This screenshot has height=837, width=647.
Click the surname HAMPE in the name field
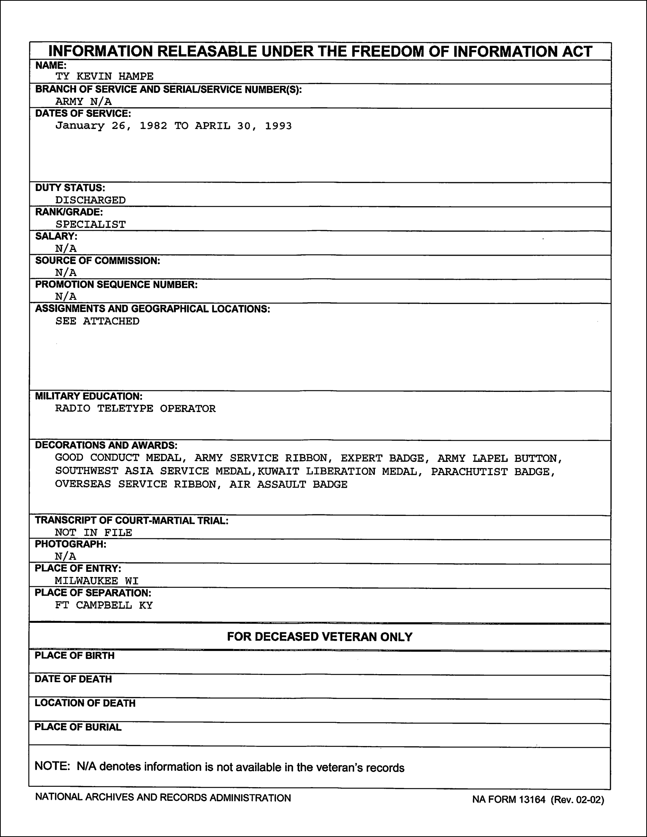(136, 76)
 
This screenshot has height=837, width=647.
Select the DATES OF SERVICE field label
(83, 113)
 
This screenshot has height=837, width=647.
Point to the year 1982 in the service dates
(153, 126)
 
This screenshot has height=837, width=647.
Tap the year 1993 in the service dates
(278, 126)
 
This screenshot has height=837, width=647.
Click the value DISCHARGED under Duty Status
(91, 200)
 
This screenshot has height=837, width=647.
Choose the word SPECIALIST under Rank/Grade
(91, 224)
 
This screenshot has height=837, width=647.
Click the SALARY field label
(56, 236)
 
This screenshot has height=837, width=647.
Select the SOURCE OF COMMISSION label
(97, 261)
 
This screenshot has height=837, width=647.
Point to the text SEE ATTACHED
(97, 321)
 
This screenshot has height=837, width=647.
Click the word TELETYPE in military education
(125, 409)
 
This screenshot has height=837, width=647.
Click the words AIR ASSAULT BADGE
(288, 485)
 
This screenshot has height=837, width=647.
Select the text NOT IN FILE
(94, 533)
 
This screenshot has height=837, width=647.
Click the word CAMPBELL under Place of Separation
(104, 606)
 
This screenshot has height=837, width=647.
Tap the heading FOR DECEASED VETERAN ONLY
(320, 637)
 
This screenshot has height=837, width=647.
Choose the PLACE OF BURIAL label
(78, 727)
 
